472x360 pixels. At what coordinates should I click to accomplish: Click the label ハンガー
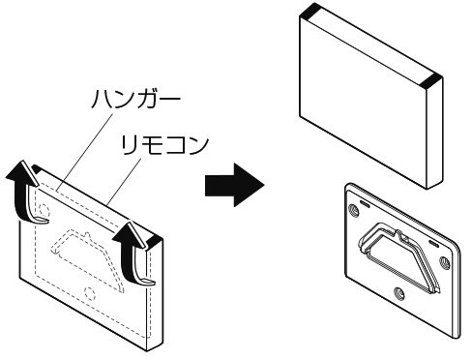pos(135,98)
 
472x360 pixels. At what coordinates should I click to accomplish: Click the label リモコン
pos(164,145)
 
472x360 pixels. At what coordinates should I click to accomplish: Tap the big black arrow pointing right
pos(235,185)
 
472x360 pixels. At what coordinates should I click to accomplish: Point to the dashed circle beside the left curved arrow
pos(44,211)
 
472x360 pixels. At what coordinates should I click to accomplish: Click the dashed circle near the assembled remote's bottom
pos(89,293)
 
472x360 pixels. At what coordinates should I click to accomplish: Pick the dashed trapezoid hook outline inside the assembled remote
pos(87,258)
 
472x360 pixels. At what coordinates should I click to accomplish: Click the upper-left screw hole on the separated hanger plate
pos(354,211)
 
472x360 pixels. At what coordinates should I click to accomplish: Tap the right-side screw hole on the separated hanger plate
pos(444,262)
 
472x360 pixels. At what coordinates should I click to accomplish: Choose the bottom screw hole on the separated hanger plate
pos(399,294)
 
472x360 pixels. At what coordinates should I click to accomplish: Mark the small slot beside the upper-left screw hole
pos(365,203)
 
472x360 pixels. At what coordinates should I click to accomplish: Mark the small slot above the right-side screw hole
pos(433,243)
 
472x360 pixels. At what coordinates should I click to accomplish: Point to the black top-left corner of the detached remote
pos(310,10)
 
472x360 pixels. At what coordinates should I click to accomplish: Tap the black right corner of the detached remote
pos(432,81)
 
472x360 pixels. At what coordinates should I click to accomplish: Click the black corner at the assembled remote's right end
pos(155,239)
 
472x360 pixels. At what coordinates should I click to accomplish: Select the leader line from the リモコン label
pos(124,182)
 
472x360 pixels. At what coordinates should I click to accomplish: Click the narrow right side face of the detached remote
pos(435,134)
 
